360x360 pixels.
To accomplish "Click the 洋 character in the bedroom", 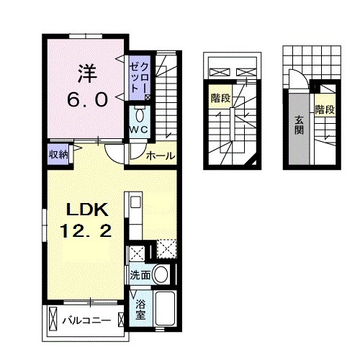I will (86, 73).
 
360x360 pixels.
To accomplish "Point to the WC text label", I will (138, 129).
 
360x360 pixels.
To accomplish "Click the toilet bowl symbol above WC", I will (140, 114).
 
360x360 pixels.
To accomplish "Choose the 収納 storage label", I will (58, 153).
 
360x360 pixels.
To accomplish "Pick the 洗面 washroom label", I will (140, 275).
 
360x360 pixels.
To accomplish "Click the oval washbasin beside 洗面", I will (163, 274).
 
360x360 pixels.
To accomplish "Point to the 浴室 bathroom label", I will (141, 309).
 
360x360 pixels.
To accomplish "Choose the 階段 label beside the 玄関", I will (324, 110).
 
